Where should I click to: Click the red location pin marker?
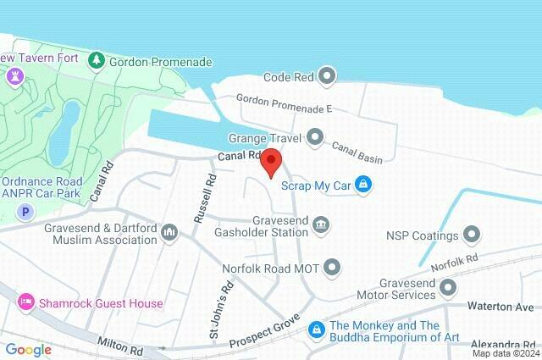click(x=270, y=162)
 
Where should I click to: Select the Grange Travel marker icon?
click(x=315, y=136)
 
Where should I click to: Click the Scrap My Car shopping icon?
click(x=363, y=184)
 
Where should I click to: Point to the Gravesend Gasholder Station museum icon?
click(x=321, y=224)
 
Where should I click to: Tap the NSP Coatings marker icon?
click(x=472, y=235)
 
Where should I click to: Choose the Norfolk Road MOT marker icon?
click(x=333, y=269)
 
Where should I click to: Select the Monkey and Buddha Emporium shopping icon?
click(x=315, y=328)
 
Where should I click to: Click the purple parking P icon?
click(x=25, y=211)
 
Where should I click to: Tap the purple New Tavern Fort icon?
click(x=12, y=76)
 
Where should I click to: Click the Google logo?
click(x=29, y=349)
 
